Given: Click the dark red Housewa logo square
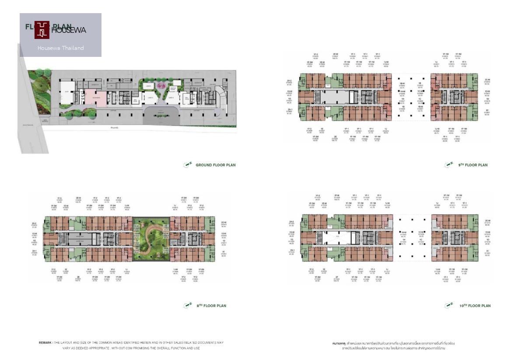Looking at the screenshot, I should click(x=42, y=30).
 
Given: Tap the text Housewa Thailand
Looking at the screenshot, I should click(x=60, y=48).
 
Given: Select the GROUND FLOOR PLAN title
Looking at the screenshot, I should click(x=215, y=165).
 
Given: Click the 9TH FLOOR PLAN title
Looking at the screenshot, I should click(x=473, y=165).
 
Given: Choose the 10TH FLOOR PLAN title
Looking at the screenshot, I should click(x=475, y=306).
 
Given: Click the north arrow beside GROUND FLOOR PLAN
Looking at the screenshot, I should click(x=188, y=164).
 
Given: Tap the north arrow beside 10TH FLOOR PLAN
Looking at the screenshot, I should click(x=448, y=305).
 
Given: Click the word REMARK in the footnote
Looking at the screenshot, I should click(x=45, y=343).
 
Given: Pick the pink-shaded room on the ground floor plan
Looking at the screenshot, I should click(x=95, y=98).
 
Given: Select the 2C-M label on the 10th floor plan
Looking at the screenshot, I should click(x=487, y=221).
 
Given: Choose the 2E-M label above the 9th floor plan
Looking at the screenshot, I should click(x=336, y=55).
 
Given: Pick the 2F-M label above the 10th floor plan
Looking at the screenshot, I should click(x=337, y=196).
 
